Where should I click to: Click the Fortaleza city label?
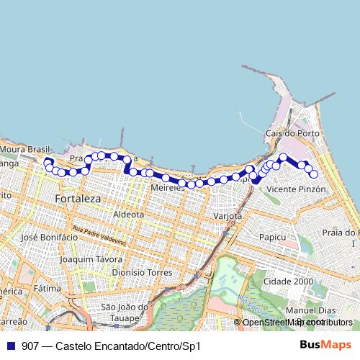point(78,197)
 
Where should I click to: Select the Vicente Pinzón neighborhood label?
point(296,189)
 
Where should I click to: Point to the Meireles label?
point(168,187)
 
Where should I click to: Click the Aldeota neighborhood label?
point(129,214)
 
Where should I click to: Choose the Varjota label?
point(228,216)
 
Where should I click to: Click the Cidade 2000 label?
point(288,281)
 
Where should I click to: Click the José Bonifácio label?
point(50,236)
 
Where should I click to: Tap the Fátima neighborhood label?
point(47,288)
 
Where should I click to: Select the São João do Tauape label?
point(125,312)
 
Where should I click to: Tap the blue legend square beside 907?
point(11,346)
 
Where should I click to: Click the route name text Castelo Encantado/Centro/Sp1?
point(127,346)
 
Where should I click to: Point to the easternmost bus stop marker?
point(314,174)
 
